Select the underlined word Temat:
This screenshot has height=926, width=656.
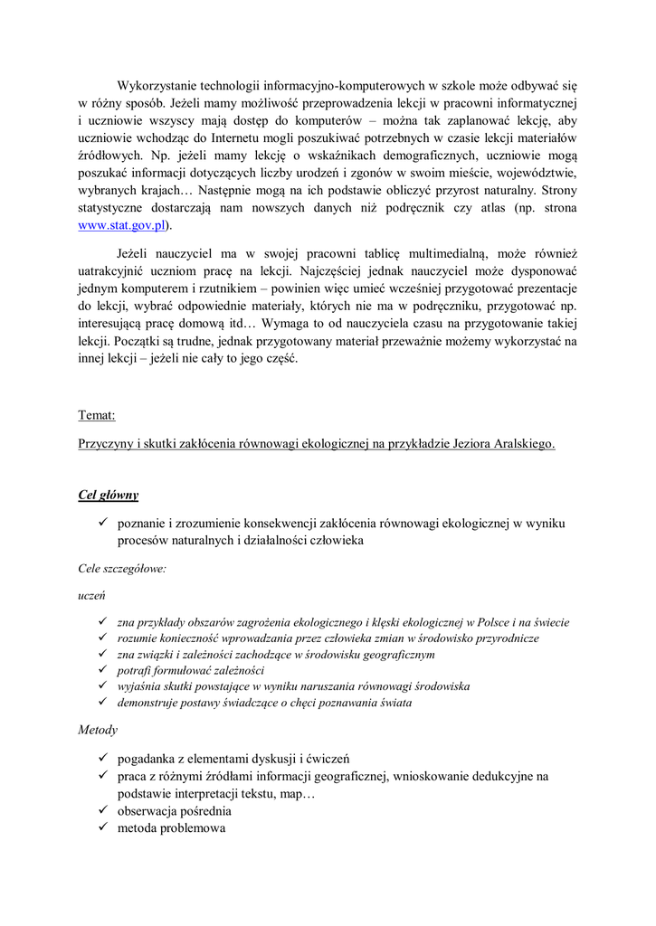coord(97,415)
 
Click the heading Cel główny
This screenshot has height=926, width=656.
coord(108,495)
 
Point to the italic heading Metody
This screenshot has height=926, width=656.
coord(98,729)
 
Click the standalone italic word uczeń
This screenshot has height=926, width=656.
coord(92,596)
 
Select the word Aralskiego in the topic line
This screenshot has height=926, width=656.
coord(523,444)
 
